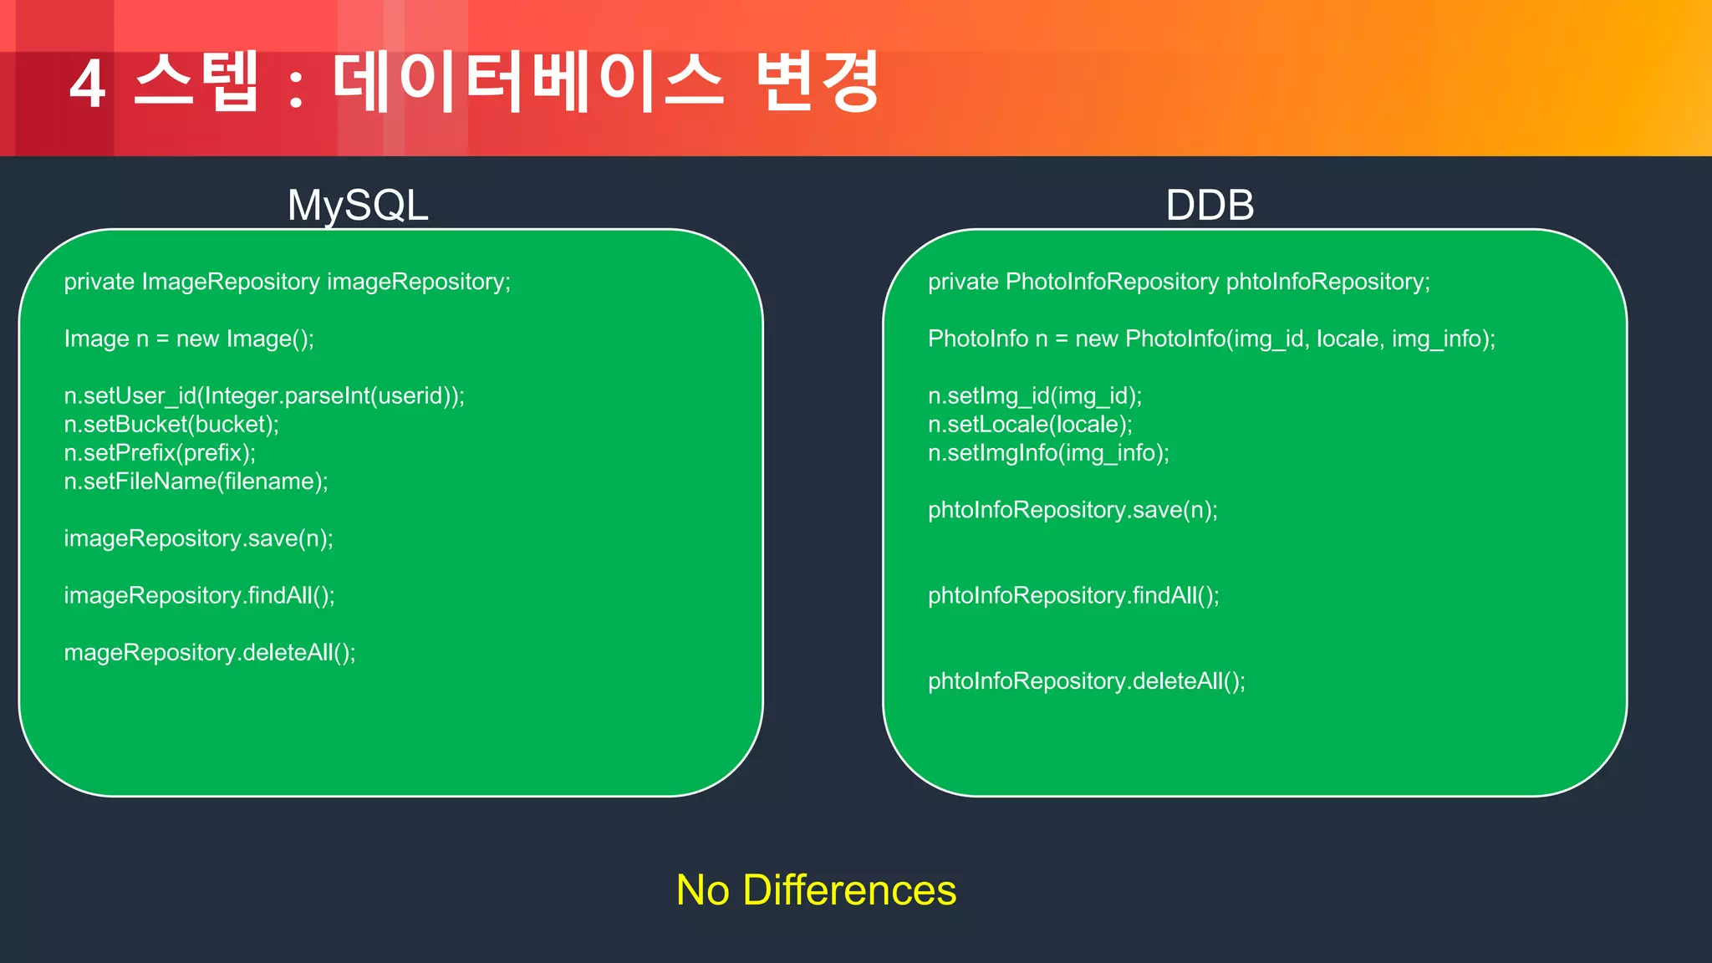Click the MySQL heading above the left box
(x=358, y=205)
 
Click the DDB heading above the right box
(x=1210, y=205)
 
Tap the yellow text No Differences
(x=816, y=889)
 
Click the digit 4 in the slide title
(x=88, y=84)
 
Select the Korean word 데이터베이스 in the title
(x=527, y=82)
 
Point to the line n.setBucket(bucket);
(x=171, y=425)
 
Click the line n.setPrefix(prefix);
(x=160, y=453)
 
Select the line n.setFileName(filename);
(x=196, y=481)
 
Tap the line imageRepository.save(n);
(x=198, y=538)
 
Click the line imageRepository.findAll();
(x=199, y=595)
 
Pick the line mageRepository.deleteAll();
(x=210, y=652)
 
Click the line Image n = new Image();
(x=189, y=339)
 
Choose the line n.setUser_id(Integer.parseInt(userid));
(x=264, y=395)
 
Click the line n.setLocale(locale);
(x=1030, y=425)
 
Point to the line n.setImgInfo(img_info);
(x=1048, y=453)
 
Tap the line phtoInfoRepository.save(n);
(x=1073, y=510)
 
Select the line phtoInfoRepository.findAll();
(x=1073, y=595)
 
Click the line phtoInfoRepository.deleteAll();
(x=1086, y=681)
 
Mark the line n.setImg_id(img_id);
(x=1035, y=395)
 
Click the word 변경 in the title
(x=818, y=82)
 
